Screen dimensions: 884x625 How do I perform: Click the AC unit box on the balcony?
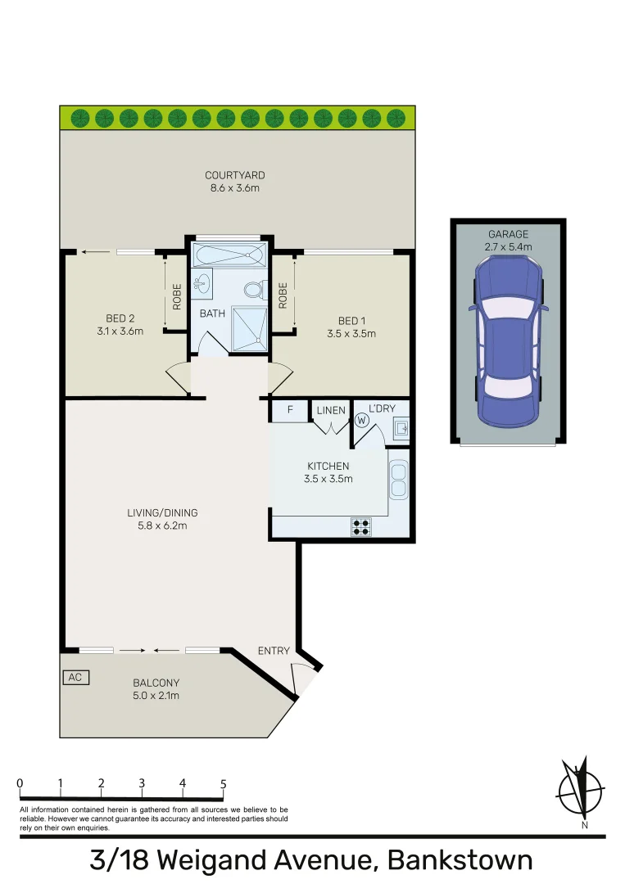(x=75, y=678)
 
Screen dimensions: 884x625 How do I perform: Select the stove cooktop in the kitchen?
(x=360, y=526)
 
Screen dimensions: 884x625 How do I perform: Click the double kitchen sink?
(x=399, y=480)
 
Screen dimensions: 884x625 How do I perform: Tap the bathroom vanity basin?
(x=201, y=284)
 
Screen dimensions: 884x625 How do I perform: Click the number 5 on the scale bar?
(x=223, y=783)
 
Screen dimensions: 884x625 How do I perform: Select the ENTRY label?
(x=274, y=651)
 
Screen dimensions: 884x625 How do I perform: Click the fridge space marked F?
(x=289, y=410)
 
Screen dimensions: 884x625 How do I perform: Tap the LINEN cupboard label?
(x=331, y=409)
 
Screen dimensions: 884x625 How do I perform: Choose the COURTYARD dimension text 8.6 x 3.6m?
(x=234, y=188)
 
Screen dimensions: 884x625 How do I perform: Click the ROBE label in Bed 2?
(x=176, y=295)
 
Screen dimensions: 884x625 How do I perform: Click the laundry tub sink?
(x=401, y=427)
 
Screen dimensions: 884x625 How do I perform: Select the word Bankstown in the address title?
(x=460, y=860)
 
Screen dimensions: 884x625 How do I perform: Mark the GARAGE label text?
(x=508, y=234)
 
